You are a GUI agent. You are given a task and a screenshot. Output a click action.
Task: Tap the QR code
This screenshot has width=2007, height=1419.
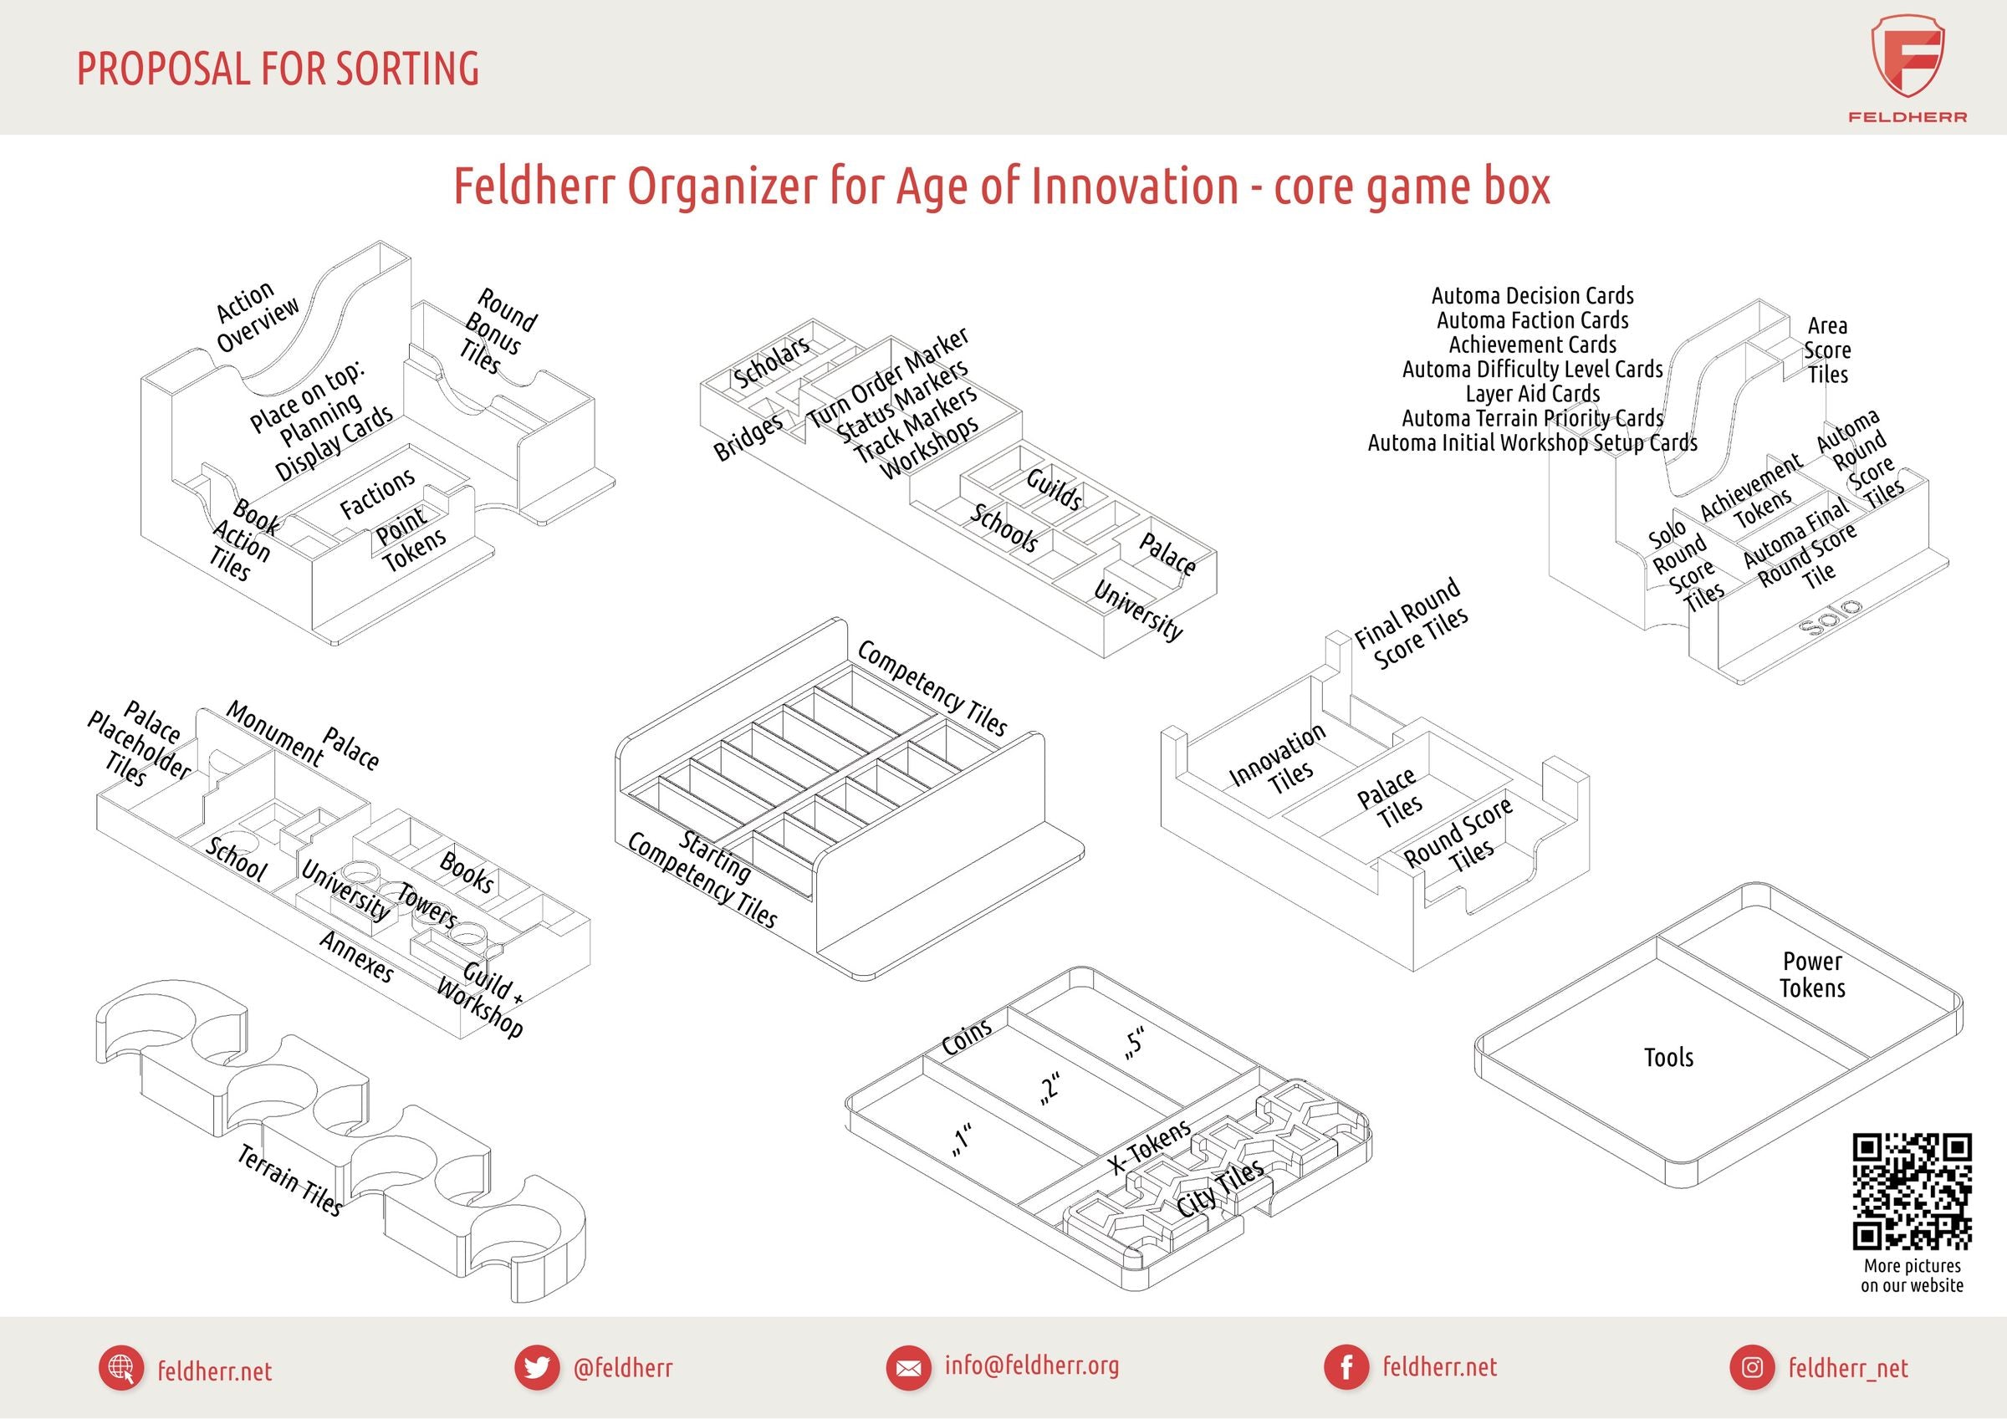(x=1911, y=1192)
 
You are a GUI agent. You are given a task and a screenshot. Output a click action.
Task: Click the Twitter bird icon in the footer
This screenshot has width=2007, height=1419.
(x=537, y=1367)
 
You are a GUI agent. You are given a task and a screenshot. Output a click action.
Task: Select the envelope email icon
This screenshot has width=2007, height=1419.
(x=908, y=1367)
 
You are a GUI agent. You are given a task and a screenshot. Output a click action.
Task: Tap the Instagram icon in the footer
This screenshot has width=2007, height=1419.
(x=1752, y=1367)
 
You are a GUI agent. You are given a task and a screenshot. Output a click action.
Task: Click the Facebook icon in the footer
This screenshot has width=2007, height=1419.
(x=1346, y=1367)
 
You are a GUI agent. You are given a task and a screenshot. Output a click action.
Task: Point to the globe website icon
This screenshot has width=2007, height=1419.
(x=121, y=1367)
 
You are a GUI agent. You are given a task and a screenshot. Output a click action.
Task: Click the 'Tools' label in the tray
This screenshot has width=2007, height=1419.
(x=1668, y=1058)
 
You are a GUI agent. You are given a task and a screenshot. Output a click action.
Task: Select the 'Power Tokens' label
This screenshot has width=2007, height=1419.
(x=1812, y=975)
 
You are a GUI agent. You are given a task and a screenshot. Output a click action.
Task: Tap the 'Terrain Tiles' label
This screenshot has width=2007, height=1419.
(x=289, y=1181)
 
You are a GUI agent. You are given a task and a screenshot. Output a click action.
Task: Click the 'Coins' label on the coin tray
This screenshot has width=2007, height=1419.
(x=967, y=1036)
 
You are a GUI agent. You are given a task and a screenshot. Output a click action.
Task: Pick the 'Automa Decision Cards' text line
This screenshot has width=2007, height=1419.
(x=1532, y=295)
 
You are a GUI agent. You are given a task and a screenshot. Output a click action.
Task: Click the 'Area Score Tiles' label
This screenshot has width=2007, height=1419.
(x=1828, y=350)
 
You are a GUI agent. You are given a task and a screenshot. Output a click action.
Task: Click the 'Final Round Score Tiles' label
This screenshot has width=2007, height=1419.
(x=1411, y=625)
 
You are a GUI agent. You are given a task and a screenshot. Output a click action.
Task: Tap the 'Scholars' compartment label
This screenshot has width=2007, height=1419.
(x=771, y=361)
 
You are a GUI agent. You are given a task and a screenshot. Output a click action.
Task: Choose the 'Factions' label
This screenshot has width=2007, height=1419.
(x=377, y=493)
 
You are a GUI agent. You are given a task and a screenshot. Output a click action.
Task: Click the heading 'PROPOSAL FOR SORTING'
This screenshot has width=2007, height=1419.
(x=278, y=69)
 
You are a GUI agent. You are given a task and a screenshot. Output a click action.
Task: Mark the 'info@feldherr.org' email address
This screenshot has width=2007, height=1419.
(x=1031, y=1365)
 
